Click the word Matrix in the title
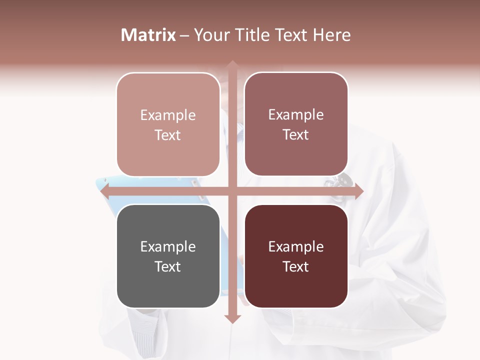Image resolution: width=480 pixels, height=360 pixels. click(148, 35)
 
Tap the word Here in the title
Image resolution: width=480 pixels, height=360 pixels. click(331, 35)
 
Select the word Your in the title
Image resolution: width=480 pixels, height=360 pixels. click(211, 35)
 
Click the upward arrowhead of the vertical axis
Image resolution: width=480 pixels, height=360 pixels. click(232, 65)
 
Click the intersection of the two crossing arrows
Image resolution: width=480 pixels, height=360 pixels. click(232, 191)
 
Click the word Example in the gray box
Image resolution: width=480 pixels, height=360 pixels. click(168, 246)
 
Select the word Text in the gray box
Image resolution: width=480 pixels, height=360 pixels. click(168, 266)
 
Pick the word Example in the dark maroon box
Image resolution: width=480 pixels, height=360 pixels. click(296, 246)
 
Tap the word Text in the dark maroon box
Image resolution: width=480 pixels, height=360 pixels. click(296, 266)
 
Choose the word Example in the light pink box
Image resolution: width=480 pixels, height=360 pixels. click(168, 115)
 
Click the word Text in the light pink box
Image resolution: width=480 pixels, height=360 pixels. click(168, 135)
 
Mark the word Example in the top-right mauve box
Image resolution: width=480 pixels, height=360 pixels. click(296, 114)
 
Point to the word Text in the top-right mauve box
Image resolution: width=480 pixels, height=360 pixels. click(296, 134)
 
